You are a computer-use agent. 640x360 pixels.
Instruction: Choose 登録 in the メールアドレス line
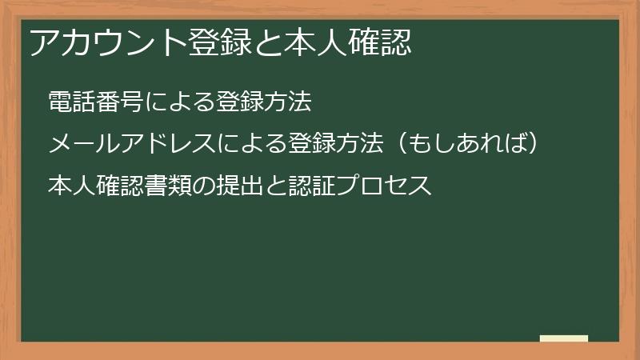[309, 144]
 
